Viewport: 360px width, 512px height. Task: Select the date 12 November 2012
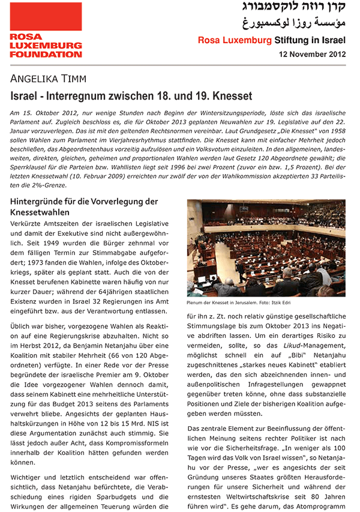click(x=313, y=54)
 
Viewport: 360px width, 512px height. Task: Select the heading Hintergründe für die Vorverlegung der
click(x=83, y=201)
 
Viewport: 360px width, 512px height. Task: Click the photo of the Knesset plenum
click(x=266, y=247)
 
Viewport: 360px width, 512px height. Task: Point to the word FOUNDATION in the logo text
click(x=46, y=55)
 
